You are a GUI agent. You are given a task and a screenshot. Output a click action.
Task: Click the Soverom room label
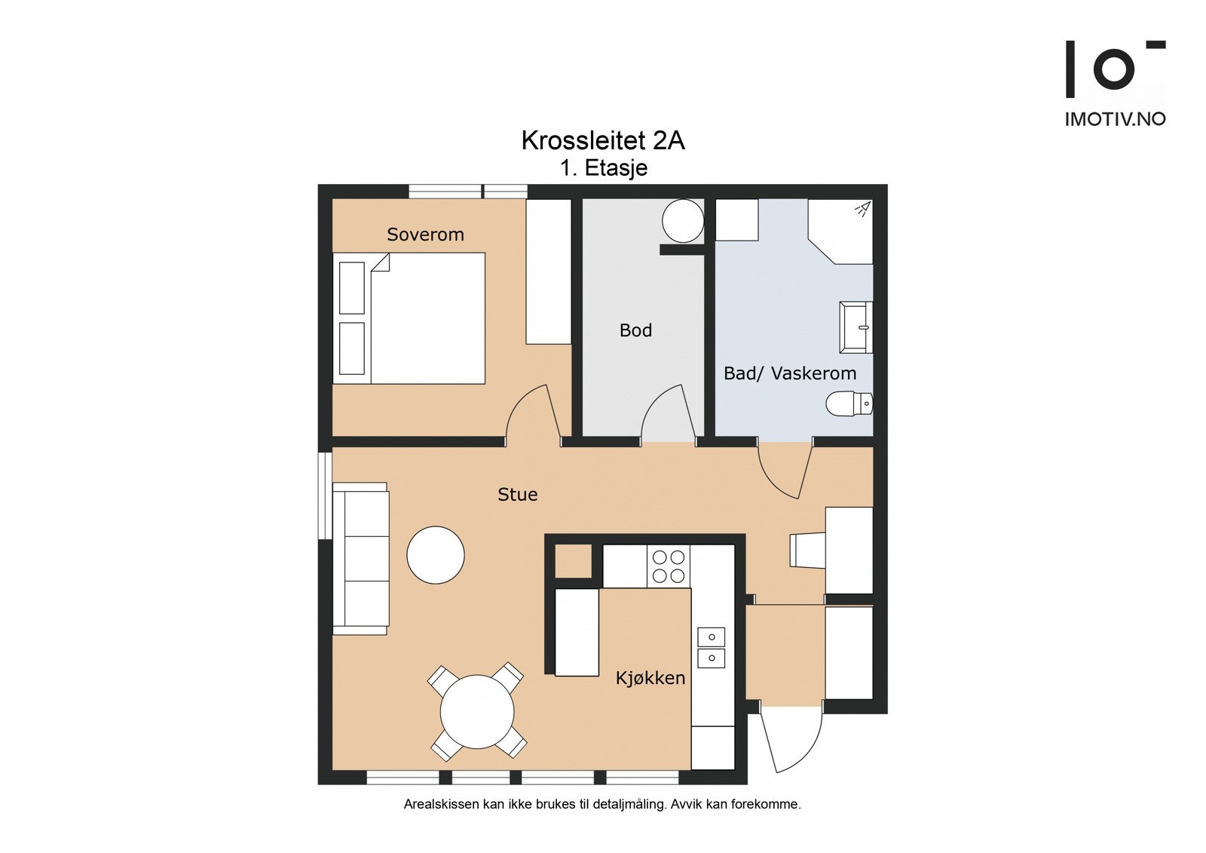(425, 235)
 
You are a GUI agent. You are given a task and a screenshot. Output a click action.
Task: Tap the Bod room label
(635, 330)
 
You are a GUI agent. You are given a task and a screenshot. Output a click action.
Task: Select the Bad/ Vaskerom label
(790, 373)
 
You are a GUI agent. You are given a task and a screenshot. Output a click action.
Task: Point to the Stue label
(517, 494)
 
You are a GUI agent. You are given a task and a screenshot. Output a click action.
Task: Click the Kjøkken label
(650, 678)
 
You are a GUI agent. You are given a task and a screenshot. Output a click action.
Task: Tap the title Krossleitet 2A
(603, 140)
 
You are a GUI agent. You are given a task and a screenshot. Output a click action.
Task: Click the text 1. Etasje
(604, 168)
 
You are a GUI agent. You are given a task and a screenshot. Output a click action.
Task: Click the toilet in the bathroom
(849, 403)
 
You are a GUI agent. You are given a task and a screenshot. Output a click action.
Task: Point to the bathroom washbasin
(856, 327)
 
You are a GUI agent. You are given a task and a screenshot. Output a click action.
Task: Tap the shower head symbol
(862, 209)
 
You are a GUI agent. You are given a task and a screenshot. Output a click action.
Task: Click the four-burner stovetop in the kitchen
(668, 566)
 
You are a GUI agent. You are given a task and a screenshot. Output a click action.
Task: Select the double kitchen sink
(712, 647)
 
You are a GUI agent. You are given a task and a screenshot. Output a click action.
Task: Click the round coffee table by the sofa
(436, 555)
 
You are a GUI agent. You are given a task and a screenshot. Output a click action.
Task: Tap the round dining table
(477, 712)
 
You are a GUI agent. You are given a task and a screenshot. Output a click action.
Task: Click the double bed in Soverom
(409, 318)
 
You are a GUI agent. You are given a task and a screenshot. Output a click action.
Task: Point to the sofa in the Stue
(361, 558)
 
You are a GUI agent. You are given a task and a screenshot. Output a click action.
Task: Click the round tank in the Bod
(683, 221)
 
